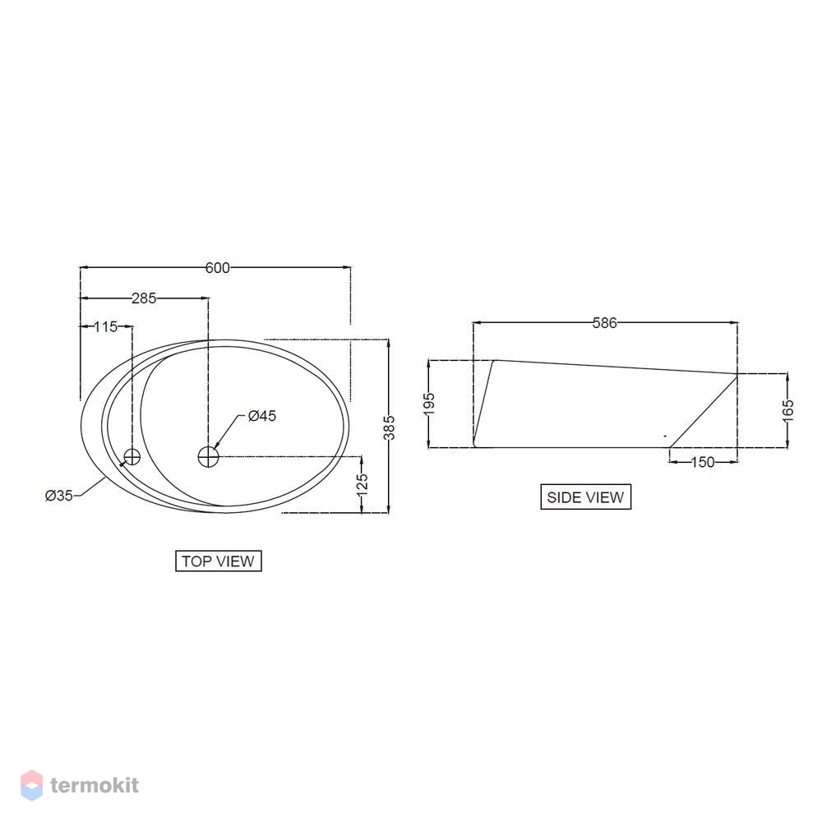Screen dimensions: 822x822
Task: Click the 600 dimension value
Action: [x=217, y=268]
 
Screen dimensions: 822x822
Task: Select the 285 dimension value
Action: [x=144, y=298]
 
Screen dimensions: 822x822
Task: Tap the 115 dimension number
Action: [x=106, y=327]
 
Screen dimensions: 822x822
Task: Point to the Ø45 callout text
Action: [x=261, y=416]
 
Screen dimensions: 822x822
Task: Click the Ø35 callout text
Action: [x=59, y=495]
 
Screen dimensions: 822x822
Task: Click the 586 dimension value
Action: [x=604, y=324]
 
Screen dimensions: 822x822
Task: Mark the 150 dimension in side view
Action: [x=702, y=463]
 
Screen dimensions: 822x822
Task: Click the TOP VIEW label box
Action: [x=219, y=561]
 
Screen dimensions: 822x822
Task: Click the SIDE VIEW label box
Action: [x=585, y=497]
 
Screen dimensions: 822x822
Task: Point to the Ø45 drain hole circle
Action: [x=209, y=456]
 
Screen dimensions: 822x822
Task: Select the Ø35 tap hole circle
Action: [x=132, y=457]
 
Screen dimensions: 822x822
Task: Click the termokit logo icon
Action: [x=31, y=785]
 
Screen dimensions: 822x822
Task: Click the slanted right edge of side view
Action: [x=703, y=411]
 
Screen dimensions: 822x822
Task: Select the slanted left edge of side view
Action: [x=483, y=403]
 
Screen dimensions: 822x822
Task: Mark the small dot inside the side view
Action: [x=664, y=435]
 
